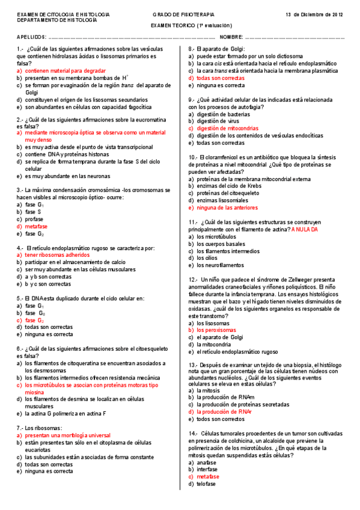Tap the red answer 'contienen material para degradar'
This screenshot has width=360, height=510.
[x=65, y=70]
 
